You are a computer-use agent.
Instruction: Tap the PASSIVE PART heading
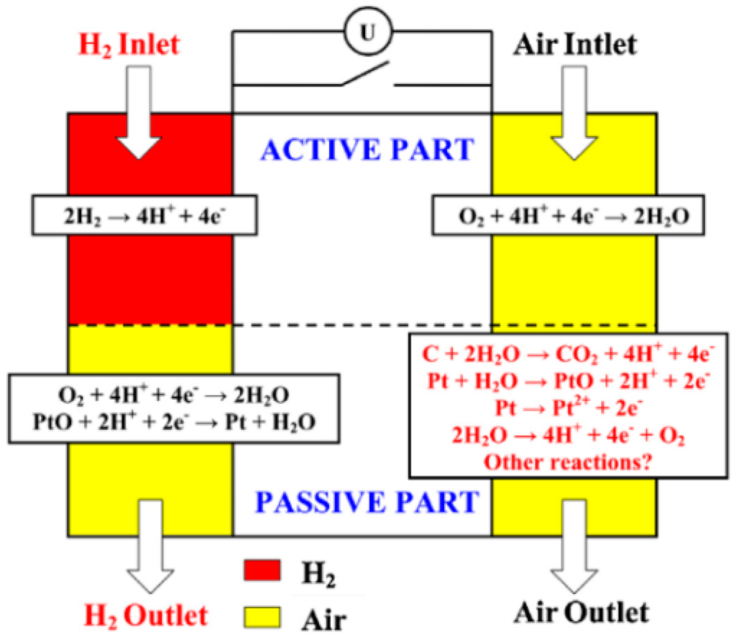pyautogui.click(x=367, y=502)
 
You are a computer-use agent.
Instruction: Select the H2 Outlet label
pyautogui.click(x=147, y=615)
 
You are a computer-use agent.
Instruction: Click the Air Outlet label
pyautogui.click(x=581, y=613)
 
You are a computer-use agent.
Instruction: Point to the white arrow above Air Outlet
pyautogui.click(x=581, y=546)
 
